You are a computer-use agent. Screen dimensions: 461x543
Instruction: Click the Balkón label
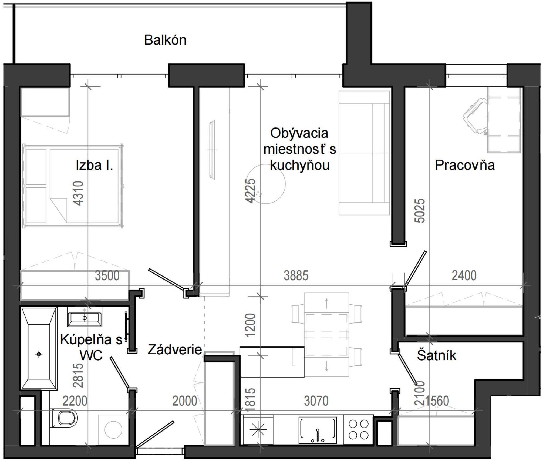tap(165, 40)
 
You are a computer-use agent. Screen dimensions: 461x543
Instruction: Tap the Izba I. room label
tap(94, 165)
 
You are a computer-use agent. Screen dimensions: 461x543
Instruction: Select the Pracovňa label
tap(464, 165)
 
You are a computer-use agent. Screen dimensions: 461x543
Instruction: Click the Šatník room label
tap(436, 355)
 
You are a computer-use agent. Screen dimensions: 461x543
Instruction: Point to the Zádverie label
tap(175, 350)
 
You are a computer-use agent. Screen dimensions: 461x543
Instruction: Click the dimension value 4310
tap(79, 193)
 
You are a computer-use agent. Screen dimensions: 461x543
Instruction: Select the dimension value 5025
tap(420, 211)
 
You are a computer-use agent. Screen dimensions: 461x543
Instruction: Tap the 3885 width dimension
tap(296, 276)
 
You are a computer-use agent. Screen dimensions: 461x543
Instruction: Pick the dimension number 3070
tap(316, 401)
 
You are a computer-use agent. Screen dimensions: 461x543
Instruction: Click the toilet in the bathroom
tap(65, 418)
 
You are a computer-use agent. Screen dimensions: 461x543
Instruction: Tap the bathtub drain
tap(39, 354)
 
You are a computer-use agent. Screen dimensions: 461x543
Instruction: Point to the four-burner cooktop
tap(359, 429)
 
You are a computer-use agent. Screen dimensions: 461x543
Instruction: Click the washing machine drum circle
tap(113, 429)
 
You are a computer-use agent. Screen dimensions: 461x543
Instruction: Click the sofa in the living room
tap(364, 153)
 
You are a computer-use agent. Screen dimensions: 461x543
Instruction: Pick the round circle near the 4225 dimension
tap(266, 184)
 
